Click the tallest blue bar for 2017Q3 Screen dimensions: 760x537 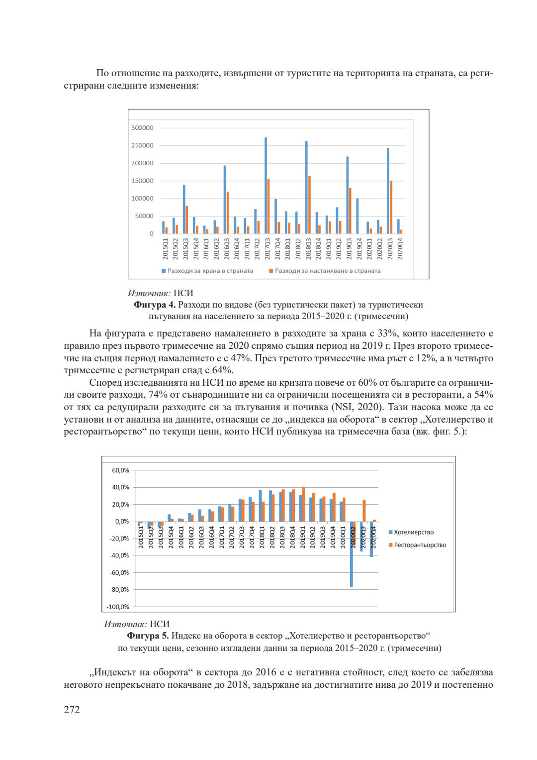click(x=266, y=186)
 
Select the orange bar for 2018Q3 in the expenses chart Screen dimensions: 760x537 click(x=309, y=205)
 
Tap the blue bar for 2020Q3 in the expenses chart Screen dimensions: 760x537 click(x=388, y=191)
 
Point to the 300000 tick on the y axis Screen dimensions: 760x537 click(x=142, y=128)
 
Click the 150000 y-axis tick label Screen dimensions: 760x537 click(x=142, y=181)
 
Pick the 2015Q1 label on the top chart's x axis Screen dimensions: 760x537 click(x=166, y=248)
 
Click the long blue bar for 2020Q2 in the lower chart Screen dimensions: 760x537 click(x=352, y=554)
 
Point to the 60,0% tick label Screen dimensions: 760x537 click(x=120, y=470)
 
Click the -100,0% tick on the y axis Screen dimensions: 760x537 click(x=118, y=607)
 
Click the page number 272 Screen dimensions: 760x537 click(x=72, y=710)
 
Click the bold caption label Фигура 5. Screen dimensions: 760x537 click(x=148, y=636)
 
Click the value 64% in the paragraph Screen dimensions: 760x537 click(x=222, y=370)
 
